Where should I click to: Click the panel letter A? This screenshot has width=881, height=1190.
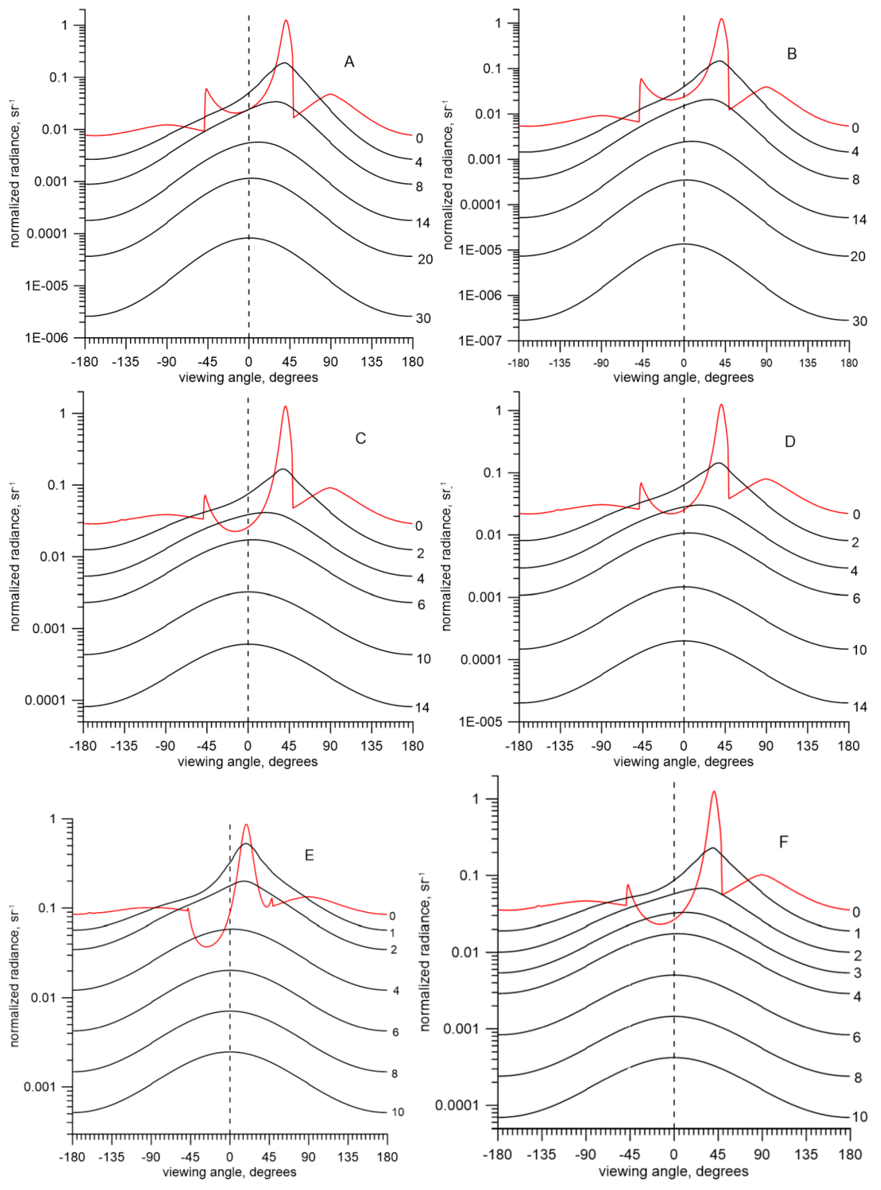(349, 62)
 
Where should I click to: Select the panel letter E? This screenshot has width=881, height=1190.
(309, 855)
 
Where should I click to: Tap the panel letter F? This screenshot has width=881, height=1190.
(784, 842)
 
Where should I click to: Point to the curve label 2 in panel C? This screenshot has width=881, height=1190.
(421, 554)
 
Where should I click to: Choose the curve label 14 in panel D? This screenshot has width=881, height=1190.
(860, 707)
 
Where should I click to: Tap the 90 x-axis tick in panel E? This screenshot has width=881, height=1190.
(308, 1157)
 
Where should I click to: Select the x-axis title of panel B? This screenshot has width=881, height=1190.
(684, 378)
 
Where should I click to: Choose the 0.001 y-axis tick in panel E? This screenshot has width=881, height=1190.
(40, 1087)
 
